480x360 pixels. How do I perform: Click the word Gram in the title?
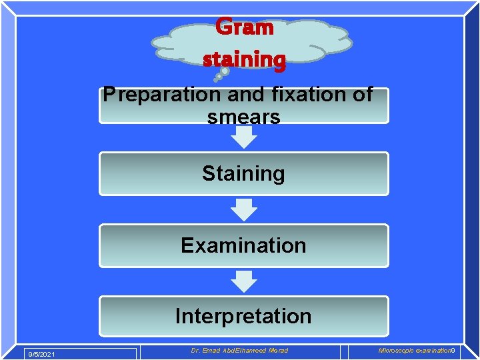244,27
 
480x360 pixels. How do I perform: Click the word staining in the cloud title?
244,59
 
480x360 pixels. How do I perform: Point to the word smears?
243,117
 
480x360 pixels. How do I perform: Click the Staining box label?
243,173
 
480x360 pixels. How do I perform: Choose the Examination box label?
243,245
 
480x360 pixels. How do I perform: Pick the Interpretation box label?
243,315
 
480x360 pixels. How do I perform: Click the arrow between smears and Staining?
244,137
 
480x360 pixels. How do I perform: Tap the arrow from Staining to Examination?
244,209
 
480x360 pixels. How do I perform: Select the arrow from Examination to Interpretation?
244,281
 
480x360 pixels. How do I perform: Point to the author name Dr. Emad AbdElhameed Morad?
239,351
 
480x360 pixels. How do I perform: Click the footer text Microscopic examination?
414,351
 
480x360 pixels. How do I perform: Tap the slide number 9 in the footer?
453,351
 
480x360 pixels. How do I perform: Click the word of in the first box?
362,95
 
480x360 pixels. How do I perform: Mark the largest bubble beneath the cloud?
225,71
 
